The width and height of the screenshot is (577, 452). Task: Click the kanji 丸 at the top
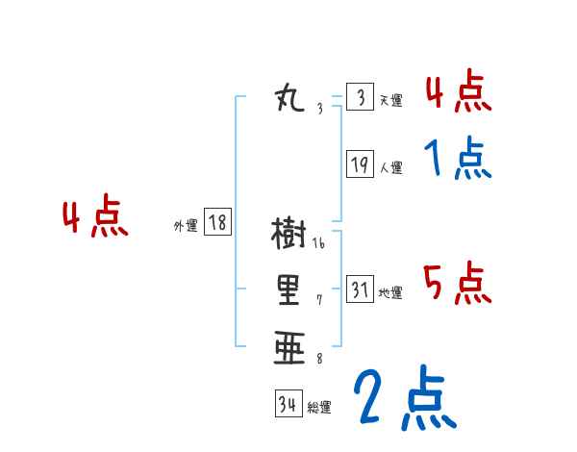(289, 98)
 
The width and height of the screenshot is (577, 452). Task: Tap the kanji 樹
(288, 234)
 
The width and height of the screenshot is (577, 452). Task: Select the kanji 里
(288, 289)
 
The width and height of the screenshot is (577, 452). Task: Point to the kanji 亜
(288, 347)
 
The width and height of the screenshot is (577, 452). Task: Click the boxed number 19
(360, 165)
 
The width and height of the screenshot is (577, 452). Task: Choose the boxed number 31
(360, 289)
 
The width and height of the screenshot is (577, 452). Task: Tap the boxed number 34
(288, 405)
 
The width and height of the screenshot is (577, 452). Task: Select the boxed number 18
(217, 223)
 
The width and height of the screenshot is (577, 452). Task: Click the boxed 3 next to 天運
(360, 98)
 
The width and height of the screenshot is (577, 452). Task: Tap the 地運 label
(390, 292)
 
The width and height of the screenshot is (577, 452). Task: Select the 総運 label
(319, 408)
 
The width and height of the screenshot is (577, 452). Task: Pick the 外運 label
(186, 226)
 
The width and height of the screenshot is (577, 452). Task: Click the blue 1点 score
(458, 159)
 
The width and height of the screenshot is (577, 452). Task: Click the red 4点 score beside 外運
(95, 218)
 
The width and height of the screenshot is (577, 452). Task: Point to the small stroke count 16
(319, 243)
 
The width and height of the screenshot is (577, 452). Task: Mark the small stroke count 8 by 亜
(319, 359)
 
